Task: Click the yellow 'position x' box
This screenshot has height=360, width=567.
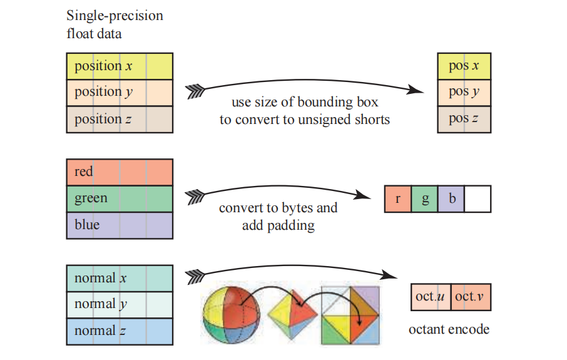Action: (119, 66)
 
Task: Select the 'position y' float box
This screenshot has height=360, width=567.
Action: (119, 92)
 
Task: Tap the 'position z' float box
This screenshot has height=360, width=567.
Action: (119, 119)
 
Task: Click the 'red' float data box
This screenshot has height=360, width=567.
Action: (119, 172)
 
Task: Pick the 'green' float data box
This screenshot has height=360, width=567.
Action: (119, 198)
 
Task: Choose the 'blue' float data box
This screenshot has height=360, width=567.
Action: (119, 225)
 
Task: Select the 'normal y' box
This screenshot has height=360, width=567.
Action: (119, 305)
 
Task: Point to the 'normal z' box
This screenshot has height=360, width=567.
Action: (119, 331)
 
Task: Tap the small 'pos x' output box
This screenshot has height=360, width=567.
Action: (464, 66)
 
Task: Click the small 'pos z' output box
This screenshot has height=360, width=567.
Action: (464, 119)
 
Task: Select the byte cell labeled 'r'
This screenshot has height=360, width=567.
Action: (397, 198)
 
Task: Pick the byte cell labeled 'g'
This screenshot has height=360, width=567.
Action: (424, 198)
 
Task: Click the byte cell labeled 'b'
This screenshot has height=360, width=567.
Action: (451, 198)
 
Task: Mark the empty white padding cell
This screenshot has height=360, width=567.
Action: (478, 198)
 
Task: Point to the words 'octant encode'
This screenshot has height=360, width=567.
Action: (449, 329)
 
